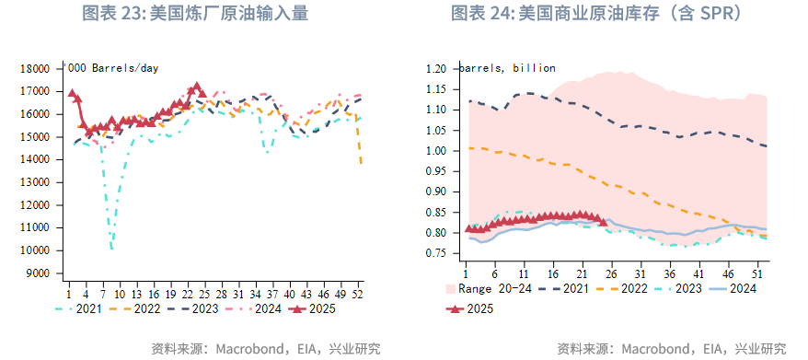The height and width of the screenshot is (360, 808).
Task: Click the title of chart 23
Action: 194,14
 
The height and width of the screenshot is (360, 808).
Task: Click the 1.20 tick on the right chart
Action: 436,69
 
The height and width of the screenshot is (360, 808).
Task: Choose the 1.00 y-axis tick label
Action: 436,151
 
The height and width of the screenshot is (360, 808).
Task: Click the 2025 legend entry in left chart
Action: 309,309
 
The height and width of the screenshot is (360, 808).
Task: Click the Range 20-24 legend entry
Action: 484,289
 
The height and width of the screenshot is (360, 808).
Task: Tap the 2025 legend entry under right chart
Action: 469,309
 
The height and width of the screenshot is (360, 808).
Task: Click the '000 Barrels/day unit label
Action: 111,69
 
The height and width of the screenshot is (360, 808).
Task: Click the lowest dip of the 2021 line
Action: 111,248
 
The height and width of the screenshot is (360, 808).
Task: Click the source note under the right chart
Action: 672,349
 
